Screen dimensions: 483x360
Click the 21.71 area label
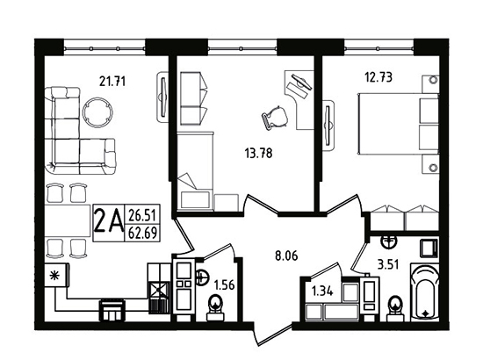tap(112, 82)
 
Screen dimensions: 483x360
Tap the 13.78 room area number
tap(258, 153)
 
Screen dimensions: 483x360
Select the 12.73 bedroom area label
tap(378, 77)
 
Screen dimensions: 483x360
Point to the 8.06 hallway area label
tap(286, 256)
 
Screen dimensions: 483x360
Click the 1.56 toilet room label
tap(224, 285)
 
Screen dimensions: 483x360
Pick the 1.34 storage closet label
tap(322, 291)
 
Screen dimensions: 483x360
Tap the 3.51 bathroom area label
tap(388, 264)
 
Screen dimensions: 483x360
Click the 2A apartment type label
tap(108, 223)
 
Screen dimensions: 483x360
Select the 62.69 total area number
tap(142, 233)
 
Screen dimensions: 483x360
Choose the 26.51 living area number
tap(142, 214)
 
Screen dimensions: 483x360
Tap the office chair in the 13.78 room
tap(275, 118)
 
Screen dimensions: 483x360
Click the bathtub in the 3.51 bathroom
tap(425, 293)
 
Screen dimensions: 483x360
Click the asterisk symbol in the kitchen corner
tap(55, 276)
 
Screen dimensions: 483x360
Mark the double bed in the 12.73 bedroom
tap(398, 124)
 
